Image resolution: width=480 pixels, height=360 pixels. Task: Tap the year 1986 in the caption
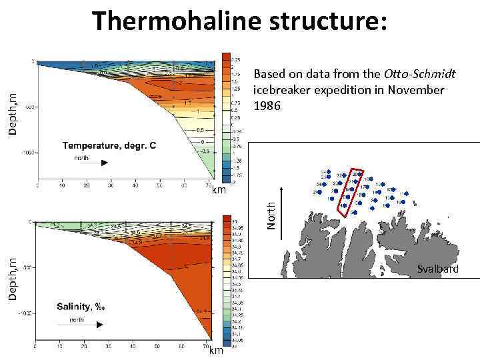point(267,106)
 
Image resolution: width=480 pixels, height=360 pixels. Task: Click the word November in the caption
point(413,90)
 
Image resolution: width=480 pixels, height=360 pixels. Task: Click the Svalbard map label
point(437,269)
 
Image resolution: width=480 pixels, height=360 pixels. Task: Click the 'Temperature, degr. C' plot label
point(109,145)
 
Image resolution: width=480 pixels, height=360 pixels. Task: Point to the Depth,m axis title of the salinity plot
point(13,278)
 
